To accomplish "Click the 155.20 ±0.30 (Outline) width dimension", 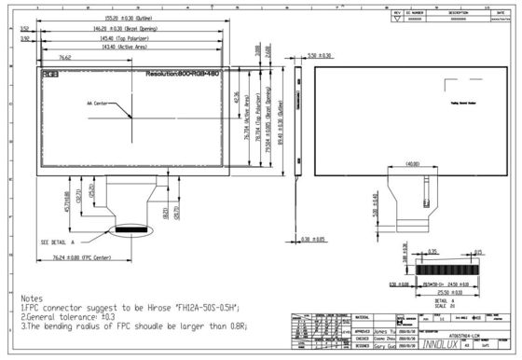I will (x=135, y=18).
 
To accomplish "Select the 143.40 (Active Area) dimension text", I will (x=135, y=47).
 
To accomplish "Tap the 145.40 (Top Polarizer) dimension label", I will (x=135, y=38).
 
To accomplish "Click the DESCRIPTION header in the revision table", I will (x=459, y=12).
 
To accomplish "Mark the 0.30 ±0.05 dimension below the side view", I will (x=319, y=240).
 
